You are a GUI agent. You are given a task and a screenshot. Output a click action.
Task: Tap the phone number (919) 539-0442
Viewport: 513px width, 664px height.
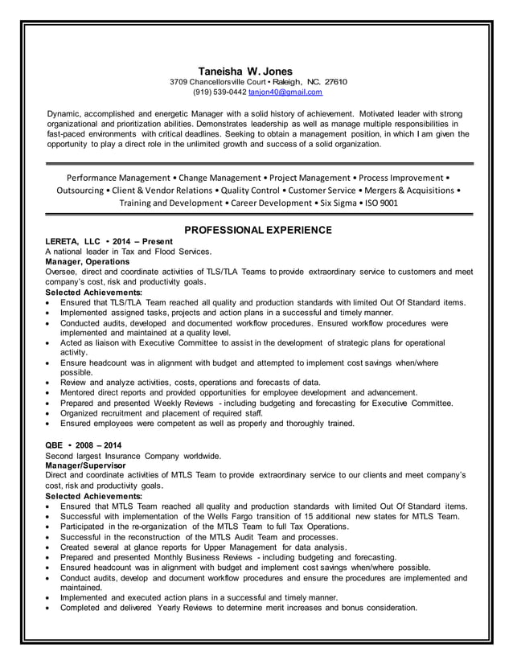click(x=220, y=92)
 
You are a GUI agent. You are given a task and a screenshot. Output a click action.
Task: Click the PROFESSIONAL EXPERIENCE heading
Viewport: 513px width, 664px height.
click(x=257, y=231)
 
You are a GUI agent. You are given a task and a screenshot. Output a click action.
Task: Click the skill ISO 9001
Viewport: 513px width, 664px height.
click(x=377, y=203)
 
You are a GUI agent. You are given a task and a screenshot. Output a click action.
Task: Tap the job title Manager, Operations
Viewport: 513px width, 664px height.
click(x=87, y=262)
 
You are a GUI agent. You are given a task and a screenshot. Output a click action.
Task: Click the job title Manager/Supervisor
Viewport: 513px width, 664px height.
click(x=85, y=465)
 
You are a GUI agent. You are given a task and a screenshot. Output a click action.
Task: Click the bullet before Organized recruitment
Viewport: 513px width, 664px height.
click(x=49, y=413)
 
